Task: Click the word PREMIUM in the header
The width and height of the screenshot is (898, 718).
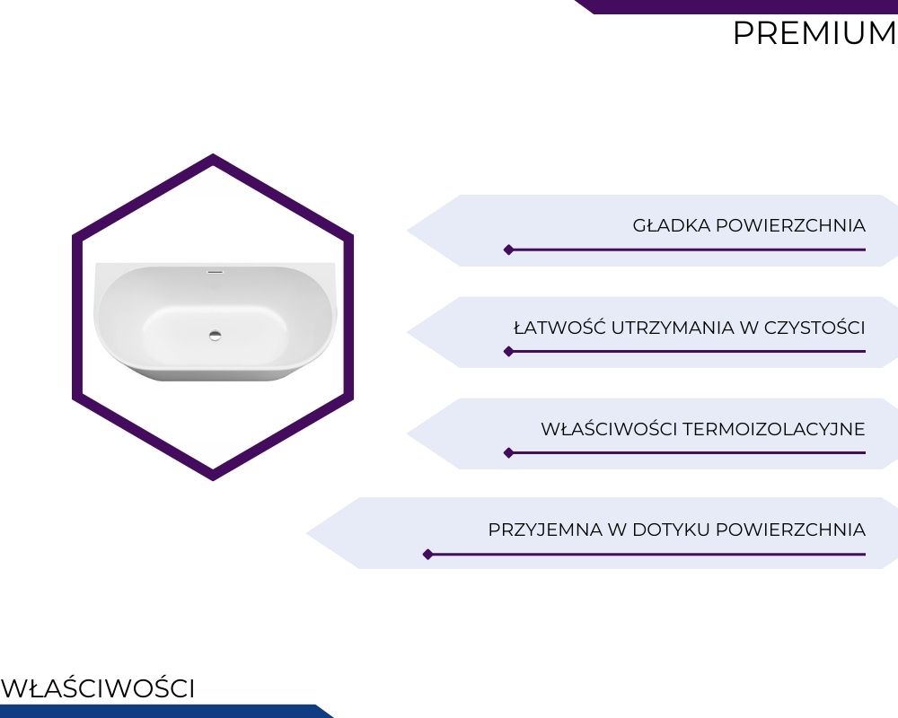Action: pyautogui.click(x=815, y=33)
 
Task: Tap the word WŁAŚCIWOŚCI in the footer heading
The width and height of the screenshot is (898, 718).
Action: pyautogui.click(x=98, y=688)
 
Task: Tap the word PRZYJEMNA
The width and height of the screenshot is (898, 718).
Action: pyautogui.click(x=545, y=530)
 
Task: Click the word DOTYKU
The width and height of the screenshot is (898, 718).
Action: pyautogui.click(x=671, y=530)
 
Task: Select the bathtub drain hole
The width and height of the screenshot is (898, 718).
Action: pyautogui.click(x=216, y=336)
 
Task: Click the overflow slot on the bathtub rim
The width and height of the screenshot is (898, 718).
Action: pyautogui.click(x=215, y=272)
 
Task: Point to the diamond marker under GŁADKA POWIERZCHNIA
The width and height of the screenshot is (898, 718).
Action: pyautogui.click(x=508, y=250)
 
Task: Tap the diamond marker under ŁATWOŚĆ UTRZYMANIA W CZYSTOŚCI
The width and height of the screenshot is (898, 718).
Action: pyautogui.click(x=508, y=352)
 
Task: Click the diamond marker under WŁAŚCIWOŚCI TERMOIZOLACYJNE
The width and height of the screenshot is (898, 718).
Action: pyautogui.click(x=508, y=453)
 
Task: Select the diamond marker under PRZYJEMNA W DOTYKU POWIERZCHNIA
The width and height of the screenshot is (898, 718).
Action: pyautogui.click(x=427, y=555)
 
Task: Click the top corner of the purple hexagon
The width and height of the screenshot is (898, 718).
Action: pyautogui.click(x=213, y=154)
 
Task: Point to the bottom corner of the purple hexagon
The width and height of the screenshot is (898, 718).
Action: pyautogui.click(x=213, y=480)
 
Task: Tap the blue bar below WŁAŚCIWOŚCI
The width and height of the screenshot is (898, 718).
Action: pyautogui.click(x=166, y=711)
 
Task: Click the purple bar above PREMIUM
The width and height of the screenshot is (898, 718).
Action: pyautogui.click(x=736, y=6)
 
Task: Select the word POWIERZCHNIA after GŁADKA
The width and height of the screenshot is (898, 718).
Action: pyautogui.click(x=791, y=225)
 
